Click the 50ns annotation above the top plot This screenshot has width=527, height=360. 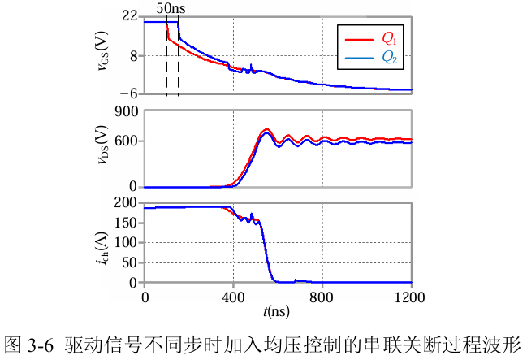(171, 8)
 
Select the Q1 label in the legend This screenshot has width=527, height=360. (389, 39)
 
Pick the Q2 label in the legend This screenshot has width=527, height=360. (390, 58)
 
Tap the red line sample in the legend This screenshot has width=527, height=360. (359, 40)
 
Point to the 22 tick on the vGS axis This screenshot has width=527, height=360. (130, 15)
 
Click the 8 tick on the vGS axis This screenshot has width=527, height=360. (134, 56)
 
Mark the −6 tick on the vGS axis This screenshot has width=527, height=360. (129, 93)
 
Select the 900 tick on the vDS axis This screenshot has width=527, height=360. (127, 111)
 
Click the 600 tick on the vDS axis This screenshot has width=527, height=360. (127, 141)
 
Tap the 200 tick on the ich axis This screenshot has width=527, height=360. (126, 202)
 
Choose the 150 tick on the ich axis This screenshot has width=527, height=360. (127, 223)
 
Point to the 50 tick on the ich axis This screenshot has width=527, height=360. (130, 262)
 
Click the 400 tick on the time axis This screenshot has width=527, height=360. (234, 297)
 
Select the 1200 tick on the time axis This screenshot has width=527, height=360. (409, 297)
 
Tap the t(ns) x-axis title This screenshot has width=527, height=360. (276, 312)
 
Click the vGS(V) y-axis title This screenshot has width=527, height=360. (102, 51)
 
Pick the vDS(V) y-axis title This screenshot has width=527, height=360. (102, 145)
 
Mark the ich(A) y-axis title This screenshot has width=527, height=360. (102, 249)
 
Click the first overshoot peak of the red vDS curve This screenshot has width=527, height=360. (266, 129)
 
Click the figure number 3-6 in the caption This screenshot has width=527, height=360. (41, 345)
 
